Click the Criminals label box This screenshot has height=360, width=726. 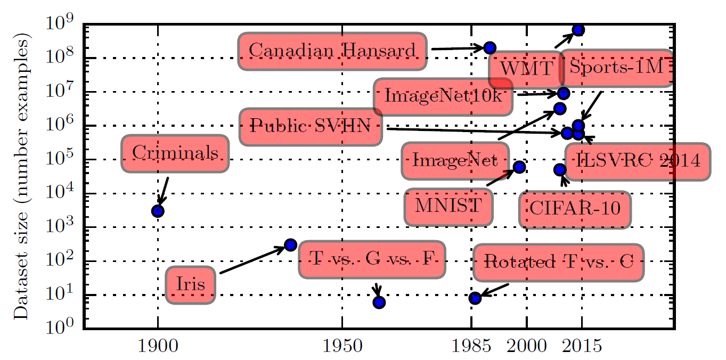(x=175, y=153)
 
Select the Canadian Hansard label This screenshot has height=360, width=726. (x=332, y=51)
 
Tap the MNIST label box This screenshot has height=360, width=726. (x=448, y=206)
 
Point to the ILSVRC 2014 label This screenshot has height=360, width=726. (x=638, y=161)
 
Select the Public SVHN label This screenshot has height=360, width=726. (x=311, y=127)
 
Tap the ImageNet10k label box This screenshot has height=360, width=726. (x=443, y=97)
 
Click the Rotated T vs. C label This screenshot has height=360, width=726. (x=558, y=263)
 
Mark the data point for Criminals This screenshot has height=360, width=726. (x=158, y=211)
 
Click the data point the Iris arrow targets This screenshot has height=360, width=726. (x=290, y=245)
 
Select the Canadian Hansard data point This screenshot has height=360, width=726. (x=490, y=47)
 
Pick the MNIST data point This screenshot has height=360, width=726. (x=519, y=167)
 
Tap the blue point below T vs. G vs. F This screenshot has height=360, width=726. (x=379, y=302)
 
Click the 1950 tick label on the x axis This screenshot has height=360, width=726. (x=342, y=347)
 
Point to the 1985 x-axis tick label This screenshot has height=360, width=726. (x=471, y=347)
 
